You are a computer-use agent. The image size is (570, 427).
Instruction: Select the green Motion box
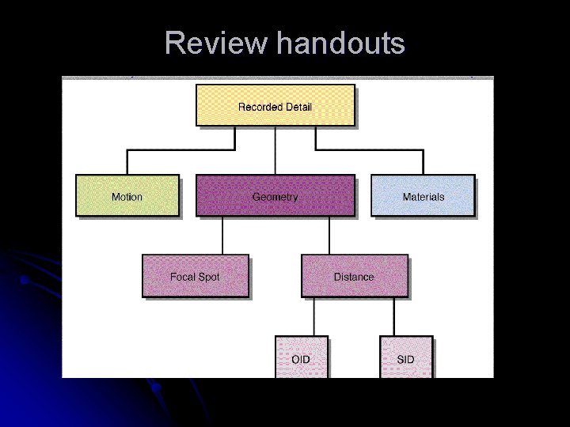(x=127, y=196)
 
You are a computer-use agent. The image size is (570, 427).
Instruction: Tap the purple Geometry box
(x=275, y=196)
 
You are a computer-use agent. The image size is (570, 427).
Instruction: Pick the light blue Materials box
(x=423, y=196)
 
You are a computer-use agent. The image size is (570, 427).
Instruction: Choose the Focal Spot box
(x=195, y=277)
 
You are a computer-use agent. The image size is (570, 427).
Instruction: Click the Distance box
(x=354, y=277)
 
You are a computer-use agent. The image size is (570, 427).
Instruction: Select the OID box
(x=301, y=358)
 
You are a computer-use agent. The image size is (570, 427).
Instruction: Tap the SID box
(x=406, y=358)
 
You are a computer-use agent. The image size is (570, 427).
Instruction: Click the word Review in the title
(x=215, y=43)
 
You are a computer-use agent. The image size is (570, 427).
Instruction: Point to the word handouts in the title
(x=340, y=43)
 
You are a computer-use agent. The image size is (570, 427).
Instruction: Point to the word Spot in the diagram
(x=208, y=277)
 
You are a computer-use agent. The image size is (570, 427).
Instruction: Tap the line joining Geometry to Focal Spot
(x=222, y=235)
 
